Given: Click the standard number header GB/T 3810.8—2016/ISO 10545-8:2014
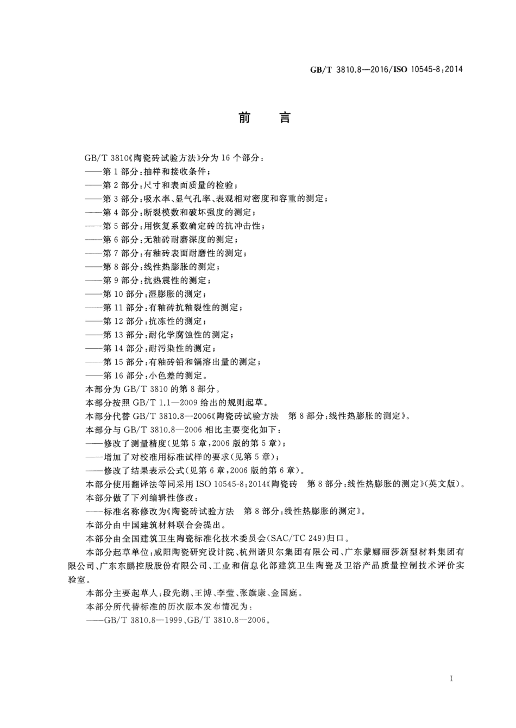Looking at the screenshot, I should [x=386, y=69].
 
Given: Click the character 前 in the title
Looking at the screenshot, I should [x=244, y=118].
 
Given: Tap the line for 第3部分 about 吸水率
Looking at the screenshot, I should [x=215, y=199].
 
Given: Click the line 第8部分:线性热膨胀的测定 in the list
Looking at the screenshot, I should [x=161, y=267].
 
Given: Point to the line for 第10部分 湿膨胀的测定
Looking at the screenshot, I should [x=154, y=294].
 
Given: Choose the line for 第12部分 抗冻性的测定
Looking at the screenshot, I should [x=154, y=321].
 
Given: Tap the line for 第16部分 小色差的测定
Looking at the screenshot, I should [x=154, y=375].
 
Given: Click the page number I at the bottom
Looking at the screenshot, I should [x=452, y=679].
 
